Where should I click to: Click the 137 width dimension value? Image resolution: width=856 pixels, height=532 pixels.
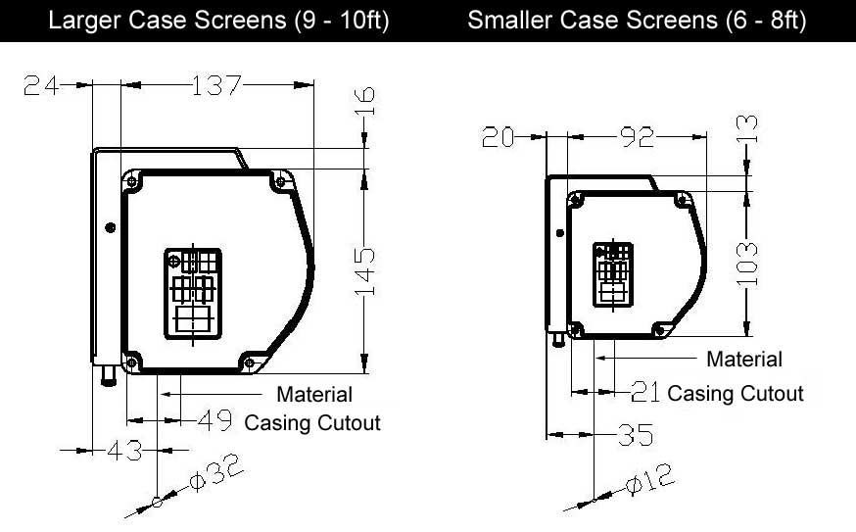(215, 86)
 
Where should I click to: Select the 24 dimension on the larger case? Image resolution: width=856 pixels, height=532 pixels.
(40, 86)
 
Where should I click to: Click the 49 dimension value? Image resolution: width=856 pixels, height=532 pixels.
(215, 421)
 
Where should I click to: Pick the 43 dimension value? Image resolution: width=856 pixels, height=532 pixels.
(124, 451)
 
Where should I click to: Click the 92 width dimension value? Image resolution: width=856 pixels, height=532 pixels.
(637, 137)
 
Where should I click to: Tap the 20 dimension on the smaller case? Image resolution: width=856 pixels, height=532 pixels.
(499, 137)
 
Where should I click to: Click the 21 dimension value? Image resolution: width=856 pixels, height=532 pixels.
(645, 393)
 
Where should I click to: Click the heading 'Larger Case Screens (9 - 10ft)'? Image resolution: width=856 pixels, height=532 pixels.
(218, 21)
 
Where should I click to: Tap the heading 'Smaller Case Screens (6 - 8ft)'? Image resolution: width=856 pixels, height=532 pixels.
(637, 21)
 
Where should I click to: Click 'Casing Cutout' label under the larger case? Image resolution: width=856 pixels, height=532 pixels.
(312, 423)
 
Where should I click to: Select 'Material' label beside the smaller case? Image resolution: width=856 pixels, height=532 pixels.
(744, 360)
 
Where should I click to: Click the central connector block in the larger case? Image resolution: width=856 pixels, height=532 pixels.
(192, 294)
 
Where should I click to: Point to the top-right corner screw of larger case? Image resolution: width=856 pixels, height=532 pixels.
(282, 181)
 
